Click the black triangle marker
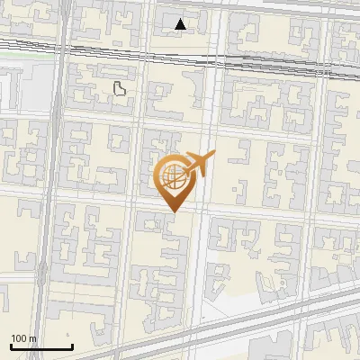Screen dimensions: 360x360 coord(181,24)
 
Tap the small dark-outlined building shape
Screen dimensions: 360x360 coord(120,87)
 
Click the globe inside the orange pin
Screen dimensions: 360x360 coord(172,177)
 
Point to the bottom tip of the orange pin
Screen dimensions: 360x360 coord(172,212)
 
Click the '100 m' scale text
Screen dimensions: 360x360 coord(24,338)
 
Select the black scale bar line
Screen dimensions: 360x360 coord(41,346)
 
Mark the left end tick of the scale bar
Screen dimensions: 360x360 coord(11,346)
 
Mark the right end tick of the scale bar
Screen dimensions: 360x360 coord(72,346)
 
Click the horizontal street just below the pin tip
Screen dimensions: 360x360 coord(135,214)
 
